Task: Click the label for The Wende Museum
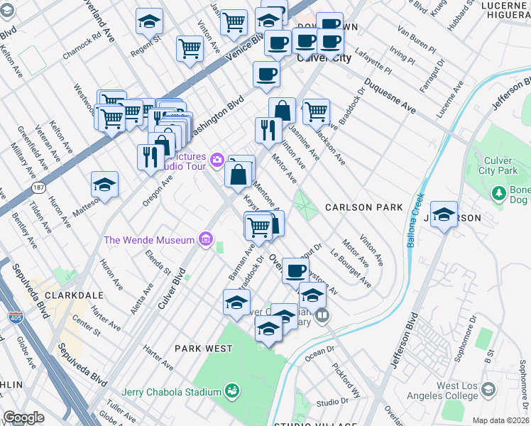[x=148, y=240]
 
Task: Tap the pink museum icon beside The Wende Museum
[x=206, y=239]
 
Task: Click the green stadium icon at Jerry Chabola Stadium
[x=231, y=390]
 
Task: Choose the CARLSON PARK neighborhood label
[x=363, y=207]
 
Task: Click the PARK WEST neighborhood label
[x=203, y=349]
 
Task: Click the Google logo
[x=23, y=417]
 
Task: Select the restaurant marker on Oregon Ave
[x=150, y=157]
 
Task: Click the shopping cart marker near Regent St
[x=190, y=48]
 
